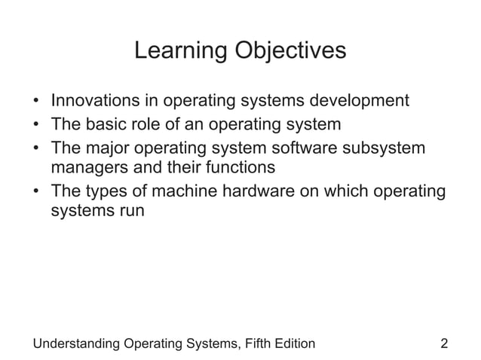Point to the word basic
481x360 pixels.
(x=106, y=123)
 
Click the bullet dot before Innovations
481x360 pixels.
(x=36, y=101)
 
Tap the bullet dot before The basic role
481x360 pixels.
(x=36, y=124)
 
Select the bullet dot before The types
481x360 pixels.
(x=36, y=191)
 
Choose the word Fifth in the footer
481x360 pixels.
(x=259, y=344)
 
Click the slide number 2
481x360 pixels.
(x=444, y=344)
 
